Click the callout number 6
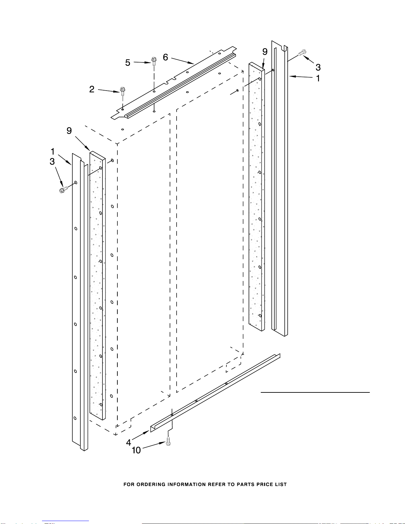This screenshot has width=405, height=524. click(x=165, y=58)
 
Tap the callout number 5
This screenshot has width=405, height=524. click(x=128, y=63)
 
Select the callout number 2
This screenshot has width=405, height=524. click(x=92, y=89)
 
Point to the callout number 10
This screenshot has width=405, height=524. click(x=136, y=450)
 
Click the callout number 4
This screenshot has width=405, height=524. click(x=129, y=442)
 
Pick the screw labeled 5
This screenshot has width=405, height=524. click(x=154, y=60)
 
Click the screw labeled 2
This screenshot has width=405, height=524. click(x=123, y=91)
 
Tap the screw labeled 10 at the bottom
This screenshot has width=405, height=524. click(x=168, y=442)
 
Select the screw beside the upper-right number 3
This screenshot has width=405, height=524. click(x=302, y=52)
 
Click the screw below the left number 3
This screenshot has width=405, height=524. click(x=63, y=190)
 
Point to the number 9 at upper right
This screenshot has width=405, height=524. click(x=265, y=52)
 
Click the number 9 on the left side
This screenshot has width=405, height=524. click(x=69, y=131)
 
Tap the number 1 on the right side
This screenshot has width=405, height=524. click(x=318, y=78)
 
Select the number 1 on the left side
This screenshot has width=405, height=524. click(x=53, y=152)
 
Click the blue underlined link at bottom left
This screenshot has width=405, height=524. click(x=65, y=521)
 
